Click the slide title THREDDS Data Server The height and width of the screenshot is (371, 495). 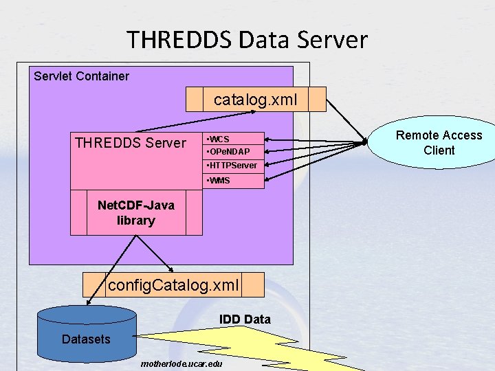247,40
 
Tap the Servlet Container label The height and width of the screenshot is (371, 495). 81,76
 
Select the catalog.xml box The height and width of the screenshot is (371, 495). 256,100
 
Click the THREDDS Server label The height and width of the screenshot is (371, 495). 131,143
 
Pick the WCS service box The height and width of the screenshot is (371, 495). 234,139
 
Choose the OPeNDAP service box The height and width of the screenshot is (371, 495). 234,151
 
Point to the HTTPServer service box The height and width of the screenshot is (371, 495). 234,166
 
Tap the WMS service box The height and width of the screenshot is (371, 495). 234,181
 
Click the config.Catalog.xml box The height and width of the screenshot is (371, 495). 173,284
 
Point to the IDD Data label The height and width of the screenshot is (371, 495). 245,319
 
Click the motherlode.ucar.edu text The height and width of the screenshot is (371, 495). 181,362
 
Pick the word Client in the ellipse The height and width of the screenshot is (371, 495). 439,150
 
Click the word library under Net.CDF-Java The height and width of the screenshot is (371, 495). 136,221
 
